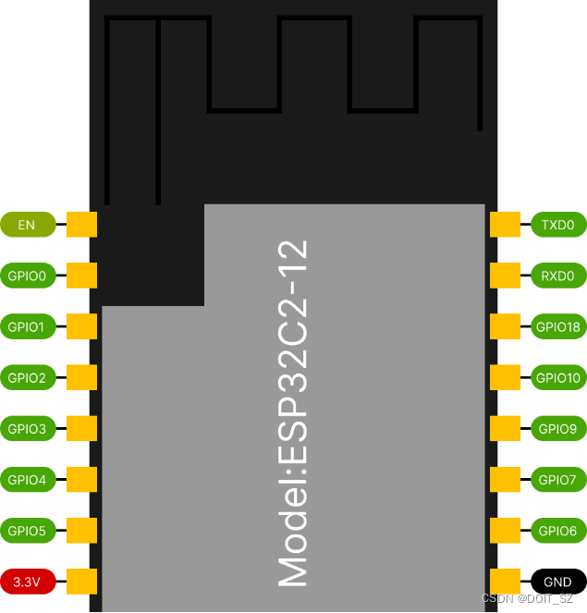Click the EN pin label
click(x=27, y=225)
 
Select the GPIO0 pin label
click(x=27, y=276)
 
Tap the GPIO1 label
click(x=27, y=326)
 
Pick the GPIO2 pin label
click(x=27, y=377)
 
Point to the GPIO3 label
click(x=27, y=429)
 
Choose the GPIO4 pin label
click(x=27, y=480)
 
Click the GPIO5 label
click(x=27, y=531)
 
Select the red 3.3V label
click(x=27, y=582)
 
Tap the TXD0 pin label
click(x=557, y=225)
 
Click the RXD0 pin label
click(x=557, y=276)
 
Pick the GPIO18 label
click(x=557, y=326)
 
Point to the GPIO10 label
click(x=557, y=377)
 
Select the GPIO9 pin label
click(x=557, y=429)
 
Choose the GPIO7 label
click(x=557, y=480)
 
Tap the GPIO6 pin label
click(x=557, y=531)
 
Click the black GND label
click(x=557, y=582)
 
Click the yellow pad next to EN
click(x=82, y=225)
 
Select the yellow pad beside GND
click(x=504, y=582)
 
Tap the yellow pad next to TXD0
click(x=504, y=225)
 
